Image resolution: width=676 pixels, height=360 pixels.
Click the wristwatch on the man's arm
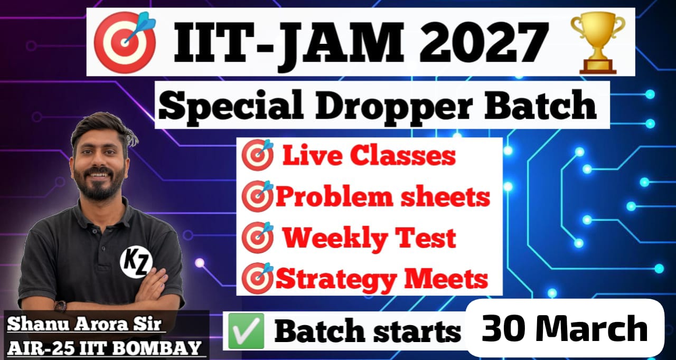(60, 306)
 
